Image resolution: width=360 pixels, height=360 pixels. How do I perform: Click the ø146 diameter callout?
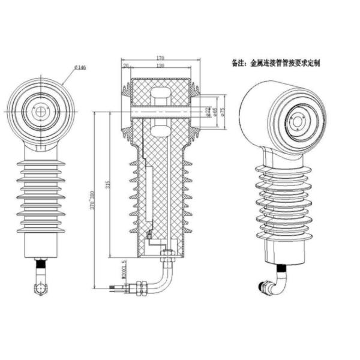click(80, 68)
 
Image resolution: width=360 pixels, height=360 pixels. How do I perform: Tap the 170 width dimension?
click(161, 58)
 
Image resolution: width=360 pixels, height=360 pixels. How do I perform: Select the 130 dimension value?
click(161, 65)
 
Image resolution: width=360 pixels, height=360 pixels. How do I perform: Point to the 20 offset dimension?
click(126, 65)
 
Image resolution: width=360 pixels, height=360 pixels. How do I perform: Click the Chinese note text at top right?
click(275, 62)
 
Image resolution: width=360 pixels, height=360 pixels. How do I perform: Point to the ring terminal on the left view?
click(40, 288)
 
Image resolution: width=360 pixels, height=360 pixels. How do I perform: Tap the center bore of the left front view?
click(41, 112)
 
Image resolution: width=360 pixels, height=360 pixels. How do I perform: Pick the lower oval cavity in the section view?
click(161, 129)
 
